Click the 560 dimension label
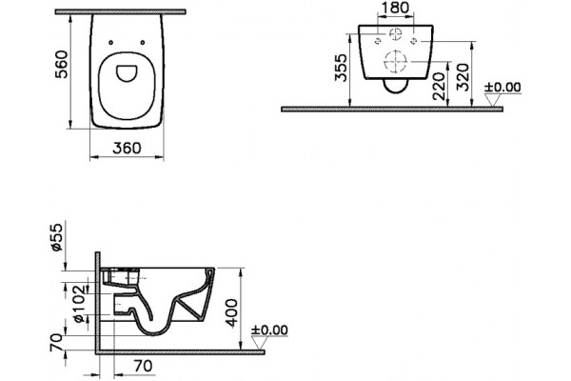tap(61, 64)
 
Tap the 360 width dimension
tap(127, 148)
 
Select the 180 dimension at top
tap(396, 8)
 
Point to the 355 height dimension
tap(342, 68)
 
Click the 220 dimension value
tap(439, 87)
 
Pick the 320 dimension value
tap(463, 77)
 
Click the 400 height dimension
tap(232, 313)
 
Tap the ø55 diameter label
tap(57, 237)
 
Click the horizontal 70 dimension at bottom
tap(144, 366)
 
